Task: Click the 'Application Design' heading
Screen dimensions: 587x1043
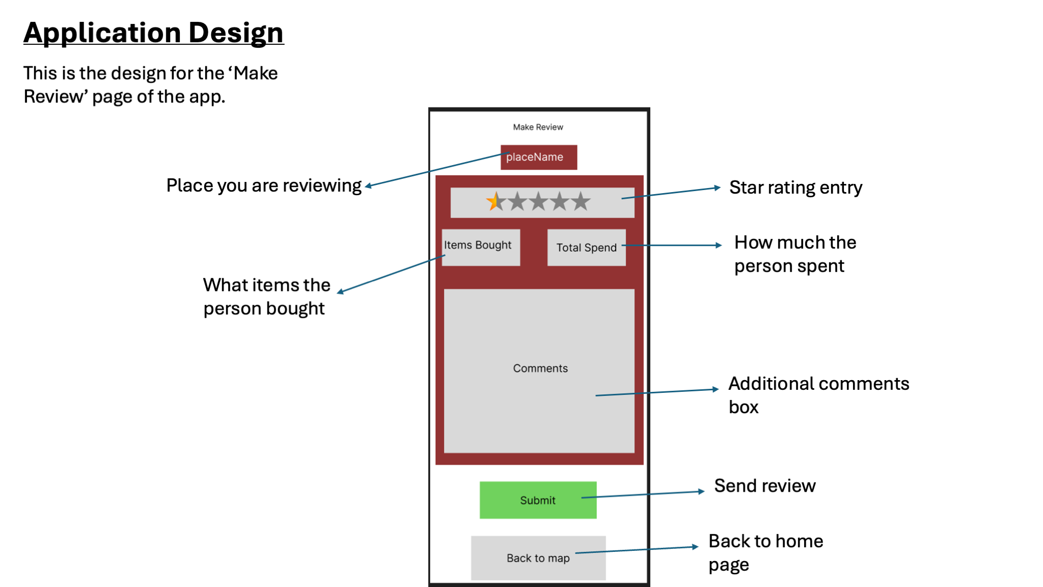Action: (x=153, y=33)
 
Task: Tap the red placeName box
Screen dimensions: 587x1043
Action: (x=538, y=157)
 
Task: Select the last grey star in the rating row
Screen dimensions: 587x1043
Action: (x=581, y=202)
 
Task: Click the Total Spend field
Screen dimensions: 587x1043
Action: (x=586, y=248)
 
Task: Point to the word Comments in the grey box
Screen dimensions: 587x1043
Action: (x=540, y=368)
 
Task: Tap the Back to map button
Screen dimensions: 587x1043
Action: (x=538, y=558)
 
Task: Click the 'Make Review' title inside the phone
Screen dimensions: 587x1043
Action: (x=538, y=127)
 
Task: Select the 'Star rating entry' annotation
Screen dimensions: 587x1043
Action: (x=795, y=188)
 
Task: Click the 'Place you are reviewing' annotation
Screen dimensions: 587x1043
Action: (x=264, y=185)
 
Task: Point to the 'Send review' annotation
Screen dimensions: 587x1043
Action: (x=764, y=486)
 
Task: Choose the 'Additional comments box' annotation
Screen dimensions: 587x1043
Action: (x=818, y=395)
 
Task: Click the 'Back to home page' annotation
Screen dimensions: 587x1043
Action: (x=765, y=553)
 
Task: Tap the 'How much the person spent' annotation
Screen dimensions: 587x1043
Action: (x=795, y=254)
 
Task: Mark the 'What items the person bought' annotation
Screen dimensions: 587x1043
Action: (x=266, y=297)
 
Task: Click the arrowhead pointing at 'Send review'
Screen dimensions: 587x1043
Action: (x=702, y=491)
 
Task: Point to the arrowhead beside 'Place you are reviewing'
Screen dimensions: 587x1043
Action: (x=368, y=186)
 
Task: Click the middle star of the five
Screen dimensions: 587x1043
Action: (x=538, y=202)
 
